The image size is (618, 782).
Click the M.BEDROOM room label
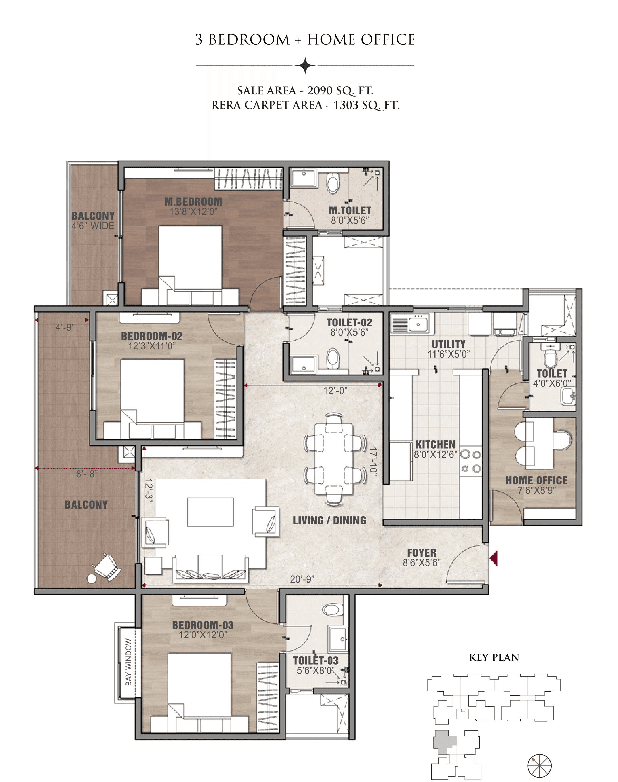point(193,202)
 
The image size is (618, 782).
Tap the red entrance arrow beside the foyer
point(494,558)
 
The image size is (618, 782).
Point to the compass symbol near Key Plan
point(539,766)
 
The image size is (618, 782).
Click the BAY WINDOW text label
point(129,662)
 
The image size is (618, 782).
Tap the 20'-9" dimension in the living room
point(302,579)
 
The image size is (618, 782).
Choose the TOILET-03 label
point(315,661)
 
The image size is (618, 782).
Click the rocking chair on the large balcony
point(108,567)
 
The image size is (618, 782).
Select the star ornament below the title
point(305,65)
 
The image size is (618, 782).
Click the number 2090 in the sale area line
point(320,90)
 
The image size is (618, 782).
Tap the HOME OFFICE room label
point(536,480)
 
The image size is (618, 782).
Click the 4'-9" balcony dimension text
point(65,327)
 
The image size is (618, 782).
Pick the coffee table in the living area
point(210,512)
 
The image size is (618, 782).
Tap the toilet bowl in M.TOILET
point(333,183)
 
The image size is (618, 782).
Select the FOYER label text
point(422,553)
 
